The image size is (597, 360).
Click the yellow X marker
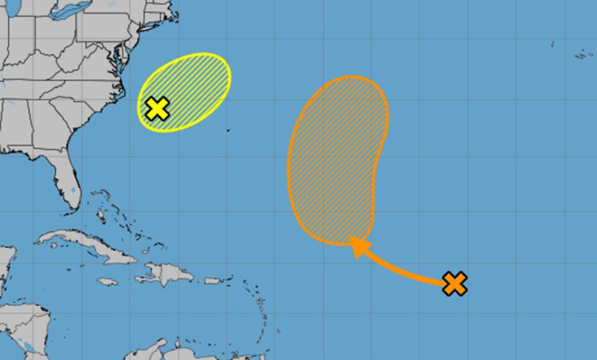point(158,108)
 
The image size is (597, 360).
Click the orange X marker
point(455,284)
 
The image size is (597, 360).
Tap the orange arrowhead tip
point(352,238)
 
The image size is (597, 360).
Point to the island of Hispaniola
point(165,274)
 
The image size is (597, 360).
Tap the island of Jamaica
point(108,282)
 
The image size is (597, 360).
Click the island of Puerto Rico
point(213,280)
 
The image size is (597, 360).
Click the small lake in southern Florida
point(73,189)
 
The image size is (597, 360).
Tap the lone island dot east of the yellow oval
point(228,130)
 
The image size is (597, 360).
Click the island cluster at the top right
point(583,55)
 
